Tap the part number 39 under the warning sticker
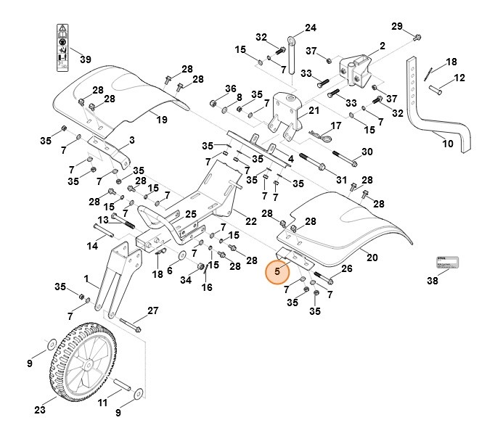pos(85,59)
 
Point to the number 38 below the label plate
pos(433,281)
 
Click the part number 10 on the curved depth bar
pos(448,144)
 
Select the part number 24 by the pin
pos(311,28)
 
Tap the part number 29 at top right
pos(396,26)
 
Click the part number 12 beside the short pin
pos(459,78)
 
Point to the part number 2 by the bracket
pos(382,46)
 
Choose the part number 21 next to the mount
pos(314,111)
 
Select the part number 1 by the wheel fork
pos(86,279)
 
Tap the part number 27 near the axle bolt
pos(152,310)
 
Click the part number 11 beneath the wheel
pos(102,402)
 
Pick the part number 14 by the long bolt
pos(92,247)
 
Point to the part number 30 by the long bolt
pos(367,152)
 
